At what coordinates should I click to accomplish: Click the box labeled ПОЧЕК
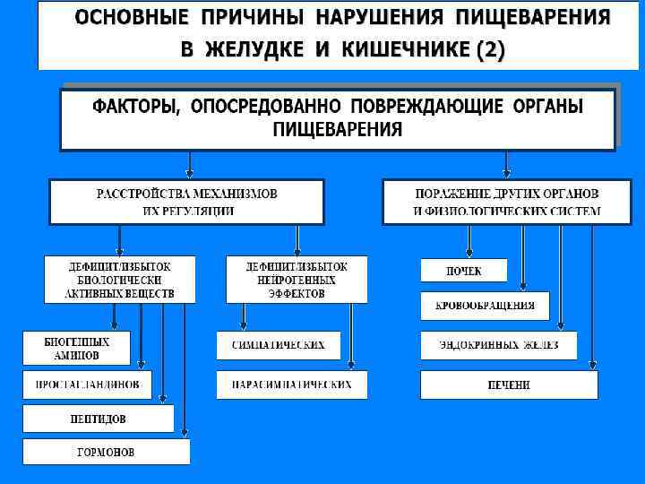pyautogui.click(x=464, y=271)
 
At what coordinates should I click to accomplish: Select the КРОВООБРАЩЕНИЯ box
pyautogui.click(x=485, y=306)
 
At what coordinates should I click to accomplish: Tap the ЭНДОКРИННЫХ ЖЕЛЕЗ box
pyautogui.click(x=498, y=345)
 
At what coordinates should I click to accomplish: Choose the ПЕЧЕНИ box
pyautogui.click(x=509, y=385)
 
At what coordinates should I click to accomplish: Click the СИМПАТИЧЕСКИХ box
pyautogui.click(x=278, y=345)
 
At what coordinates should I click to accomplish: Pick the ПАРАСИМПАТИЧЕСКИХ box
pyautogui.click(x=290, y=385)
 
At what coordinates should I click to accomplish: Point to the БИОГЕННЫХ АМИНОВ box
pyautogui.click(x=77, y=349)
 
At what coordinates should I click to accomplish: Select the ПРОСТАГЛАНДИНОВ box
pyautogui.click(x=87, y=385)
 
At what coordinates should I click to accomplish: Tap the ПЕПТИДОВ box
pyautogui.click(x=98, y=419)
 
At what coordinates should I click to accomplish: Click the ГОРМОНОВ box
pyautogui.click(x=106, y=452)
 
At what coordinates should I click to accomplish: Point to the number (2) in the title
pyautogui.click(x=490, y=50)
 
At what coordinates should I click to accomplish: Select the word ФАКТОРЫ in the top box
pyautogui.click(x=136, y=108)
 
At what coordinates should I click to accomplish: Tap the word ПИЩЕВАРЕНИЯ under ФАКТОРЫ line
pyautogui.click(x=338, y=130)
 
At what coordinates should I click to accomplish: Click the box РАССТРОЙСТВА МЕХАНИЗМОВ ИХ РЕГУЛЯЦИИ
pyautogui.click(x=186, y=202)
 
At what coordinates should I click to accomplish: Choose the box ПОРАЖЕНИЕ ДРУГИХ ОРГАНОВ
pyautogui.click(x=507, y=202)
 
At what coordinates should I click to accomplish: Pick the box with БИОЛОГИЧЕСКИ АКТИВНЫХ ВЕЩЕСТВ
pyautogui.click(x=120, y=280)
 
